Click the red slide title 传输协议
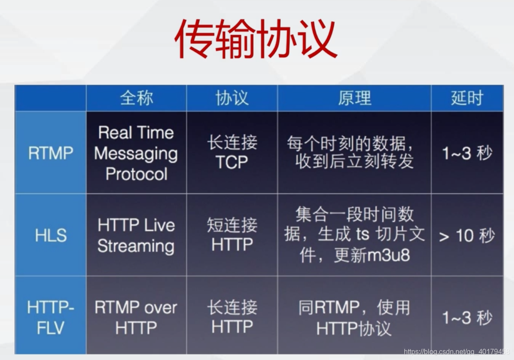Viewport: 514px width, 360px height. (x=256, y=39)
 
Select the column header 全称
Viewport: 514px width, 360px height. (x=137, y=98)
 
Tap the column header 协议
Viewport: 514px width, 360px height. (x=232, y=98)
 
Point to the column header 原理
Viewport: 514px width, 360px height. (x=355, y=98)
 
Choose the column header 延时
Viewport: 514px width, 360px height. (x=467, y=98)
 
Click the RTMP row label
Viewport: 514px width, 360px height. (x=51, y=153)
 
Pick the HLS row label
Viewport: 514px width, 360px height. (x=51, y=236)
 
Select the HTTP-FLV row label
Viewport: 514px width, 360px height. (x=51, y=317)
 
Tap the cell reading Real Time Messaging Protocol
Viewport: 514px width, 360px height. (x=136, y=153)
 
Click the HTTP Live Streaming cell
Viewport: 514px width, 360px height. (x=136, y=236)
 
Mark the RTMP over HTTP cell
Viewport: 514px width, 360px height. (x=136, y=317)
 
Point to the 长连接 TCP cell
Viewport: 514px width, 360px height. (x=232, y=152)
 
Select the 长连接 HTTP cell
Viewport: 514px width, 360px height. (x=232, y=317)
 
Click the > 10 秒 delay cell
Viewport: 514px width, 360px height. (x=467, y=236)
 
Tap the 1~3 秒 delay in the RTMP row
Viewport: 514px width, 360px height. (x=467, y=153)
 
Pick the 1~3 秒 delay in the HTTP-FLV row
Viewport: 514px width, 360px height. (x=467, y=318)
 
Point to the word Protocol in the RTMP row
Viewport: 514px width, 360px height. (x=136, y=174)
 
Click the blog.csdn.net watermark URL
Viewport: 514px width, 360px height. (x=456, y=351)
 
